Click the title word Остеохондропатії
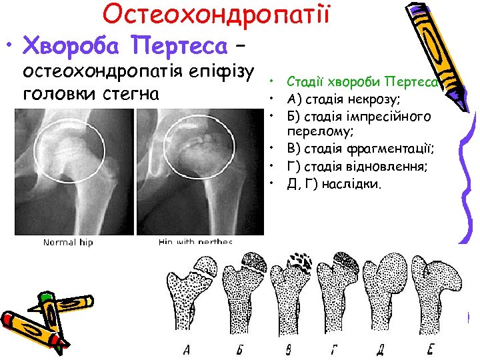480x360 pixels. click(217, 15)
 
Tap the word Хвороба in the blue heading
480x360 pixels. click(74, 46)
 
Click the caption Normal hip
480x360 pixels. click(68, 242)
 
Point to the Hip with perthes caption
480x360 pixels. click(196, 242)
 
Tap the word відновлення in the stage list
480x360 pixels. click(383, 166)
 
